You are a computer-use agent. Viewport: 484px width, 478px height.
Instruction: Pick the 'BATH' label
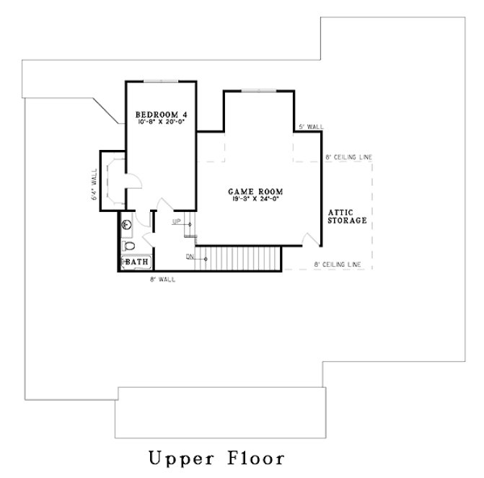point(136,262)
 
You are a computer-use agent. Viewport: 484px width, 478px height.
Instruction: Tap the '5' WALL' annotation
point(310,126)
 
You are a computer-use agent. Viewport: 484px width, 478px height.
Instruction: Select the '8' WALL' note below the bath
point(162,278)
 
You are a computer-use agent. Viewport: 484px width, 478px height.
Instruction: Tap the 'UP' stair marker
point(176,222)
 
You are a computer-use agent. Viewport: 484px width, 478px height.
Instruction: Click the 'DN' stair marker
point(189,256)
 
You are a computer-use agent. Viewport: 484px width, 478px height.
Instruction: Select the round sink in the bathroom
point(126,224)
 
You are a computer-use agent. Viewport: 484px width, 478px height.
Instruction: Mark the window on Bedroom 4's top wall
point(162,81)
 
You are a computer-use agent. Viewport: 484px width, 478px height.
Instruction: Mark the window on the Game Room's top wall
point(258,91)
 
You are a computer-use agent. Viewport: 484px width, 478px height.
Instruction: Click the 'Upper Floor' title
point(216,458)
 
